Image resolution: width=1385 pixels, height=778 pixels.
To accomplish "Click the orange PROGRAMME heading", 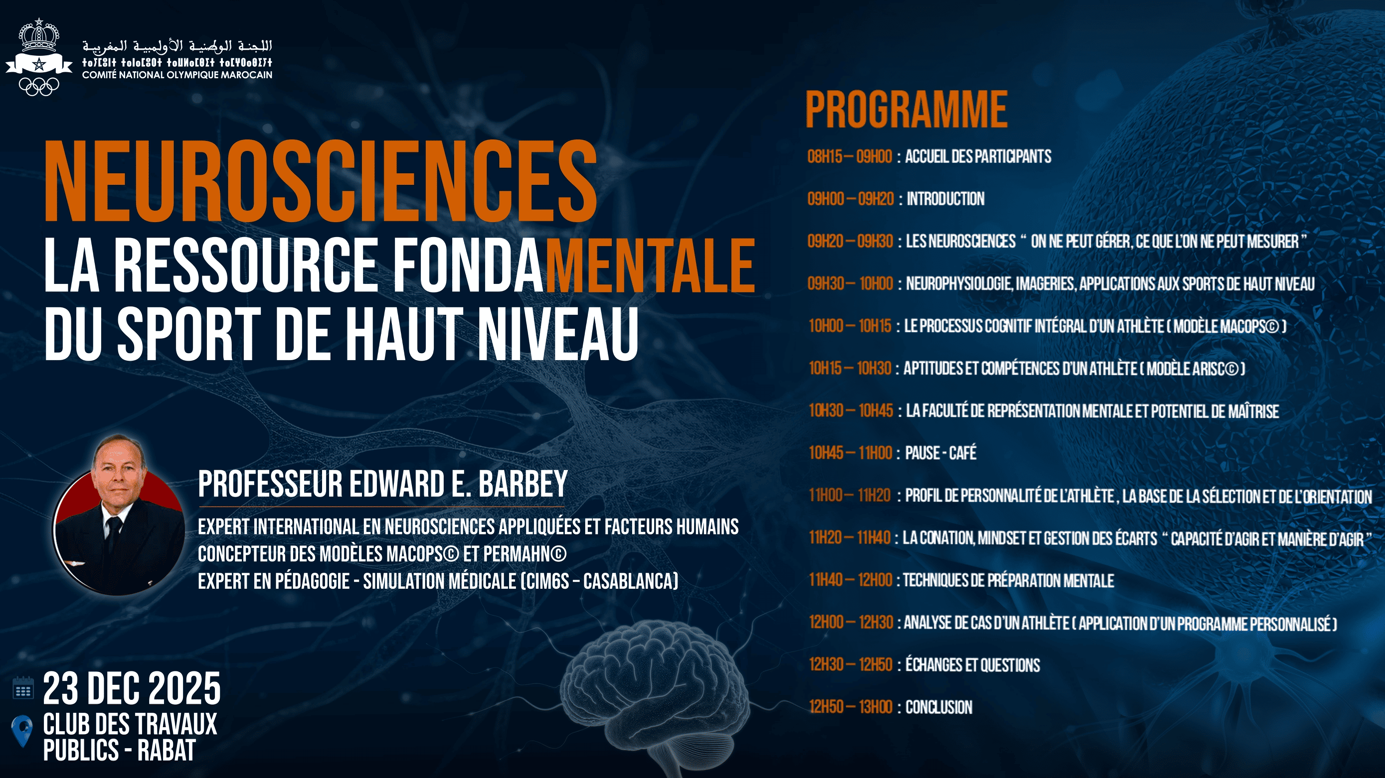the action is pyautogui.click(x=906, y=110).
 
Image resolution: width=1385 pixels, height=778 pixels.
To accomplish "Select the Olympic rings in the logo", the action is pyautogui.click(x=39, y=86).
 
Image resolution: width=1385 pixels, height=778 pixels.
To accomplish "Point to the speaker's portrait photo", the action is pyautogui.click(x=119, y=516).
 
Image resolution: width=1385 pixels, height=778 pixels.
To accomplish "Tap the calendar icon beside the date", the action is pyautogui.click(x=23, y=688).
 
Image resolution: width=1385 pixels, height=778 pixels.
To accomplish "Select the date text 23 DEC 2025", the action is pyautogui.click(x=132, y=689).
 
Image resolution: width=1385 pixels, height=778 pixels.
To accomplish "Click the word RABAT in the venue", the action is pyautogui.click(x=166, y=751).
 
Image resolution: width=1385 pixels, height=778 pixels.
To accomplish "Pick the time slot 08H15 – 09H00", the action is pyautogui.click(x=850, y=157).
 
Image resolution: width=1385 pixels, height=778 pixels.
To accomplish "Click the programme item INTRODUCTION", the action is pyautogui.click(x=945, y=199).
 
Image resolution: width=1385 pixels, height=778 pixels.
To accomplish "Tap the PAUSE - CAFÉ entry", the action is pyautogui.click(x=941, y=453).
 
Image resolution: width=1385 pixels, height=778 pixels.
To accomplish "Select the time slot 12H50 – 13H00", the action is pyautogui.click(x=851, y=707).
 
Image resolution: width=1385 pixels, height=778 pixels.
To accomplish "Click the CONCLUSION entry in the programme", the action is pyautogui.click(x=939, y=707).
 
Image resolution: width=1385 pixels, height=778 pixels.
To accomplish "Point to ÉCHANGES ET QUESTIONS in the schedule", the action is pyautogui.click(x=973, y=664).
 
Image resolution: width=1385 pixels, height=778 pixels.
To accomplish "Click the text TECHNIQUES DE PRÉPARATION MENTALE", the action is pyautogui.click(x=1008, y=580).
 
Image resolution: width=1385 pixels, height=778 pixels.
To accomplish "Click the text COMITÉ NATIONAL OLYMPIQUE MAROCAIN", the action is pyautogui.click(x=177, y=75).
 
